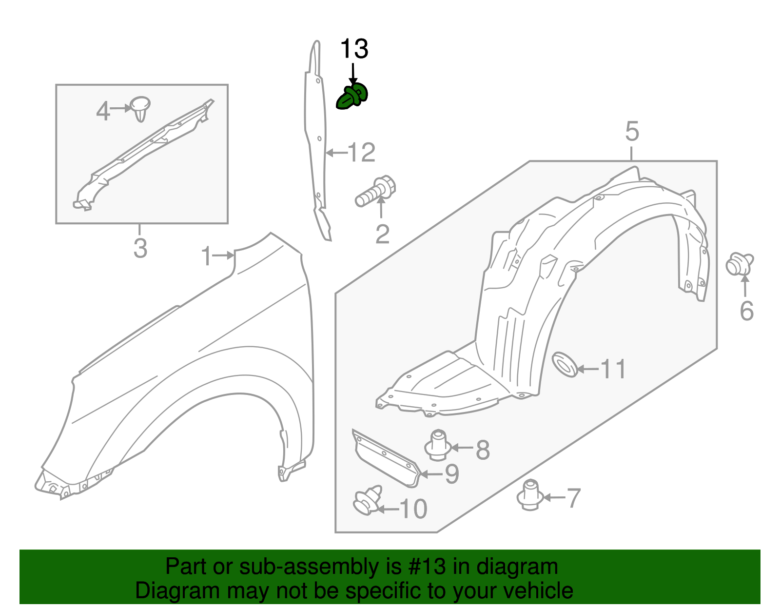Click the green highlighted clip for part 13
pos(351,97)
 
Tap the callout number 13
pos(354,50)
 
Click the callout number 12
pos(362,153)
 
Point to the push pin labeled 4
pos(140,108)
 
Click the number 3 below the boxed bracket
pos(140,249)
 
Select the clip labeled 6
pos(739,264)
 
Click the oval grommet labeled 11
pos(565,364)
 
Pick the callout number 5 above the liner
pos(632,132)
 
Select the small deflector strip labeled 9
pos(386,458)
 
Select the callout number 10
pos(413,509)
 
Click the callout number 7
pos(573,498)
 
